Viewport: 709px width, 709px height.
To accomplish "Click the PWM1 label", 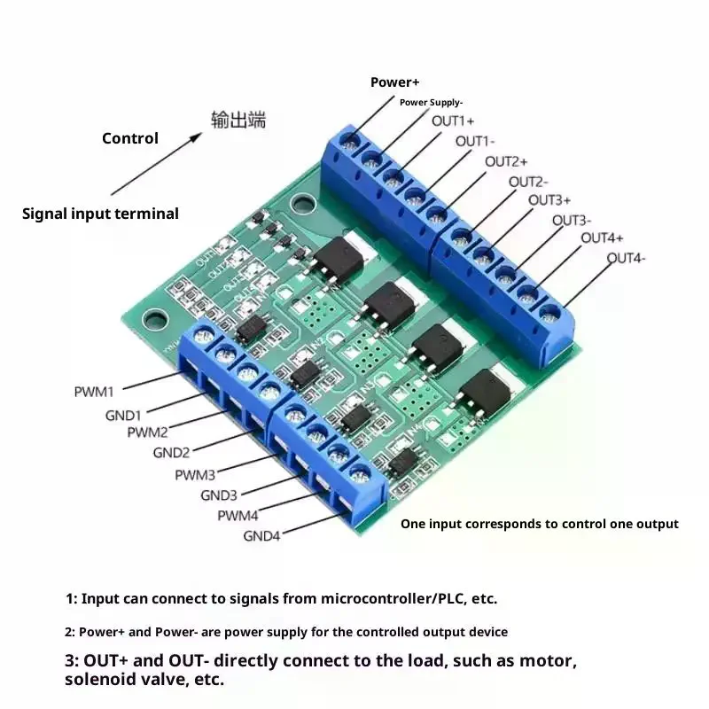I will tap(95, 390).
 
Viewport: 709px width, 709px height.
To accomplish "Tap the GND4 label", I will tap(262, 536).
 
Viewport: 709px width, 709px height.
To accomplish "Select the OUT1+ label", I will tap(453, 121).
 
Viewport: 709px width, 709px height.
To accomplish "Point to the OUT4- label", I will tap(627, 258).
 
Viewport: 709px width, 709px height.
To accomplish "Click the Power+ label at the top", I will tap(395, 82).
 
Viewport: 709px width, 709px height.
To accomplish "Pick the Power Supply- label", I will tap(431, 103).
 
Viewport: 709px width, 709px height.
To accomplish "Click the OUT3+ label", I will tap(549, 200).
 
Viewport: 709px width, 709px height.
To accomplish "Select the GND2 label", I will tap(172, 452).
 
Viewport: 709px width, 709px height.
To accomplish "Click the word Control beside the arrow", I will tap(130, 138).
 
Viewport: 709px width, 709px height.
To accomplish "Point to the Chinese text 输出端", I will tap(238, 120).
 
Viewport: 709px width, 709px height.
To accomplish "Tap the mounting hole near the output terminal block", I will tap(303, 205).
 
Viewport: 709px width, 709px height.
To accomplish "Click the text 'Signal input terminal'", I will tap(100, 214).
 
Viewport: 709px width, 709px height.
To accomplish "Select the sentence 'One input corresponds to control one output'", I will tap(540, 524).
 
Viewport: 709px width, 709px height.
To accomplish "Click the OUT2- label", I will tap(528, 182).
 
